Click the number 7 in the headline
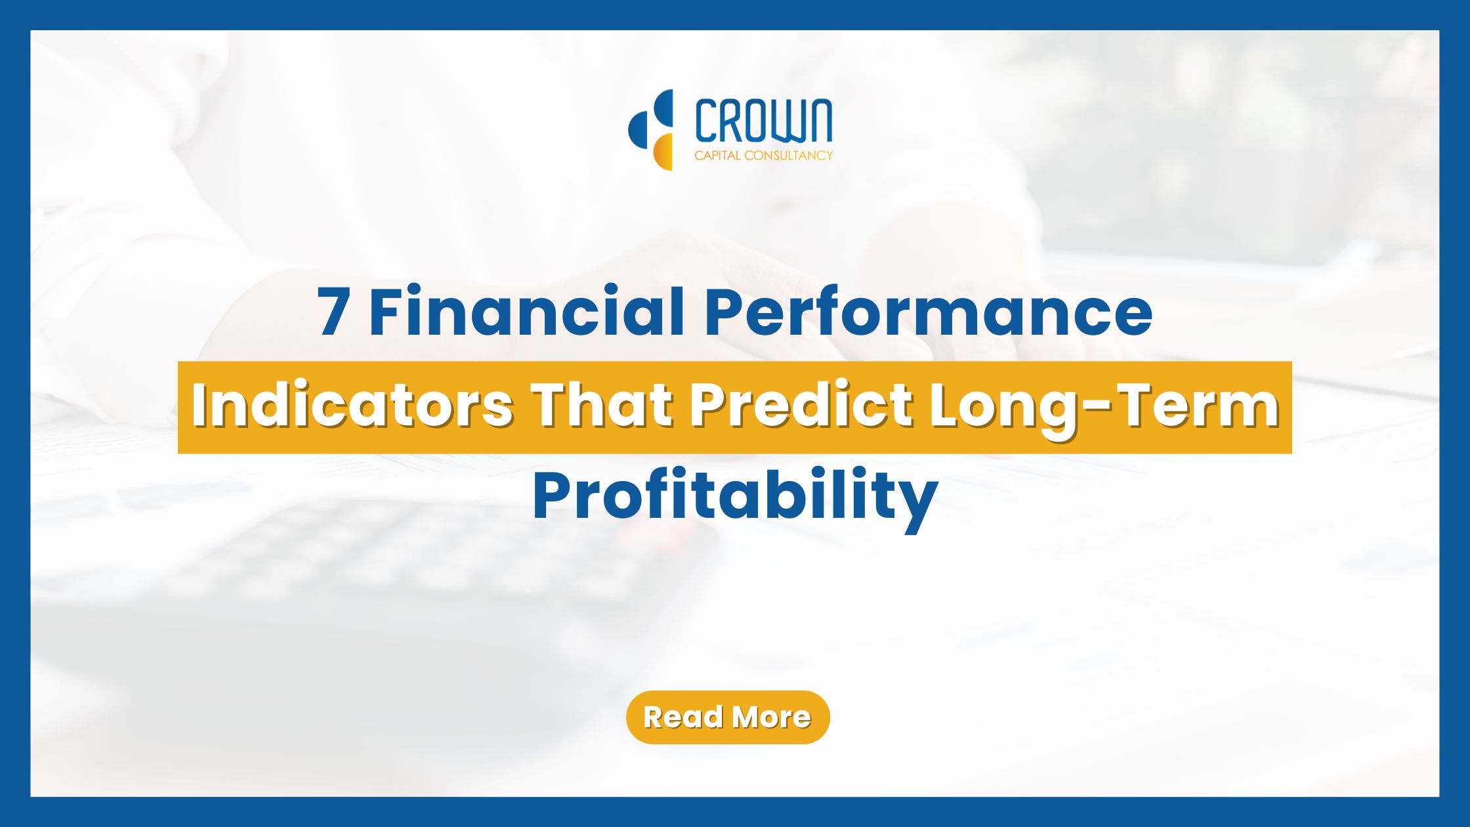coord(333,312)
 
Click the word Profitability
coord(735,499)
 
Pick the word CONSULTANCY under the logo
coord(789,156)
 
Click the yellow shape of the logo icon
coord(663,152)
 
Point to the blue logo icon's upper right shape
coord(664,109)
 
